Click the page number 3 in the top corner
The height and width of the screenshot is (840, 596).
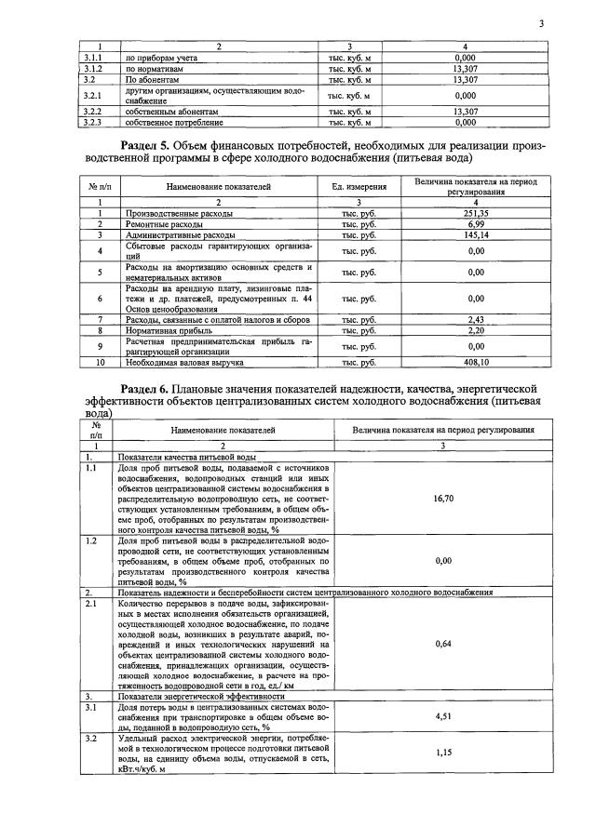pyautogui.click(x=541, y=23)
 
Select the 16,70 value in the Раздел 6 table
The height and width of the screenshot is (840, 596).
pyautogui.click(x=443, y=499)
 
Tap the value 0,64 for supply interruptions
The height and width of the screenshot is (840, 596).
pyautogui.click(x=443, y=642)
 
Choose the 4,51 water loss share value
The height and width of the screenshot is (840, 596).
pyautogui.click(x=443, y=717)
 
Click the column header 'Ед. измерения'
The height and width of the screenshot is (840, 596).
pyautogui.click(x=359, y=187)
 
